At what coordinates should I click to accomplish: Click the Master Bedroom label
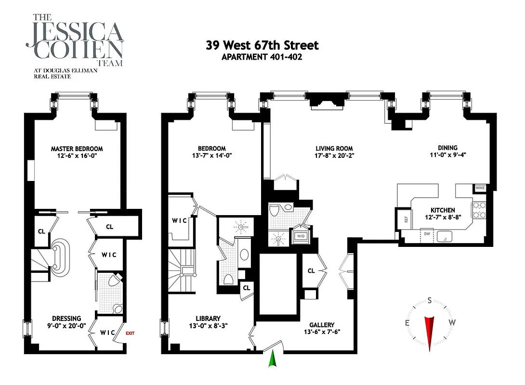tap(77, 149)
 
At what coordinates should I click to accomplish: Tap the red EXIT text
tap(130, 333)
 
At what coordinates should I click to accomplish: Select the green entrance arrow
tap(273, 359)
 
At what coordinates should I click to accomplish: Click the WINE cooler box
tap(480, 188)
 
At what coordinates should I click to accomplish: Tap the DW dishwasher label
tap(426, 234)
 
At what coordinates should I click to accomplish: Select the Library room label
tap(208, 318)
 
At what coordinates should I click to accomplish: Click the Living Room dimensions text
tap(334, 155)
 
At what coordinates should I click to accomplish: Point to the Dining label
tap(447, 148)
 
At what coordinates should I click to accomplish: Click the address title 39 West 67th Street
tap(262, 46)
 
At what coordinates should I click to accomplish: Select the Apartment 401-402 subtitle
tap(262, 57)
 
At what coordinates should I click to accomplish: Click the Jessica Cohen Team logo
tap(75, 46)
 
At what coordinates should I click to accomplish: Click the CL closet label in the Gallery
tap(311, 271)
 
